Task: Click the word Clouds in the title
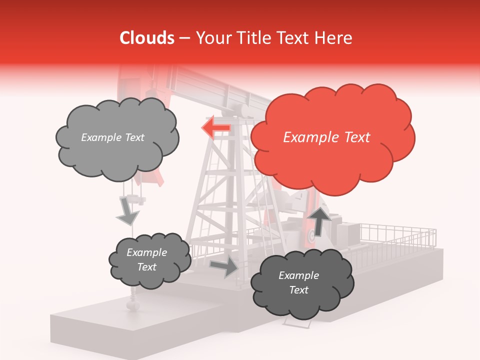146,38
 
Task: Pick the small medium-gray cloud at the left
149,260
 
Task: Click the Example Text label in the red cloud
326,137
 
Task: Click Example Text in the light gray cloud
112,137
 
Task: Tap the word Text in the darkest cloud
299,290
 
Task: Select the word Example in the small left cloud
146,252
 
